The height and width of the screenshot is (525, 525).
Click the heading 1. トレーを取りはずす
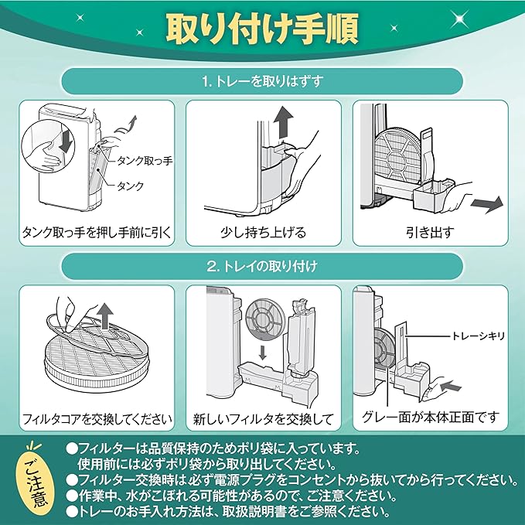(x=262, y=80)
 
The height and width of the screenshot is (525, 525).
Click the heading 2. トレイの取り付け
(x=262, y=264)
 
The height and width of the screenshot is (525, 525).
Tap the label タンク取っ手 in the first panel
(x=145, y=159)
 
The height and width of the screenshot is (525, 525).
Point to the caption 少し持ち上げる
(x=263, y=232)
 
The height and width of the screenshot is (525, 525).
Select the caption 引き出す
(x=430, y=232)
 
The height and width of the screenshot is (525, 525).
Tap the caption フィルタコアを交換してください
(x=96, y=420)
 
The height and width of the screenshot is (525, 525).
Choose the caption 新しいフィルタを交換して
(x=263, y=420)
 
